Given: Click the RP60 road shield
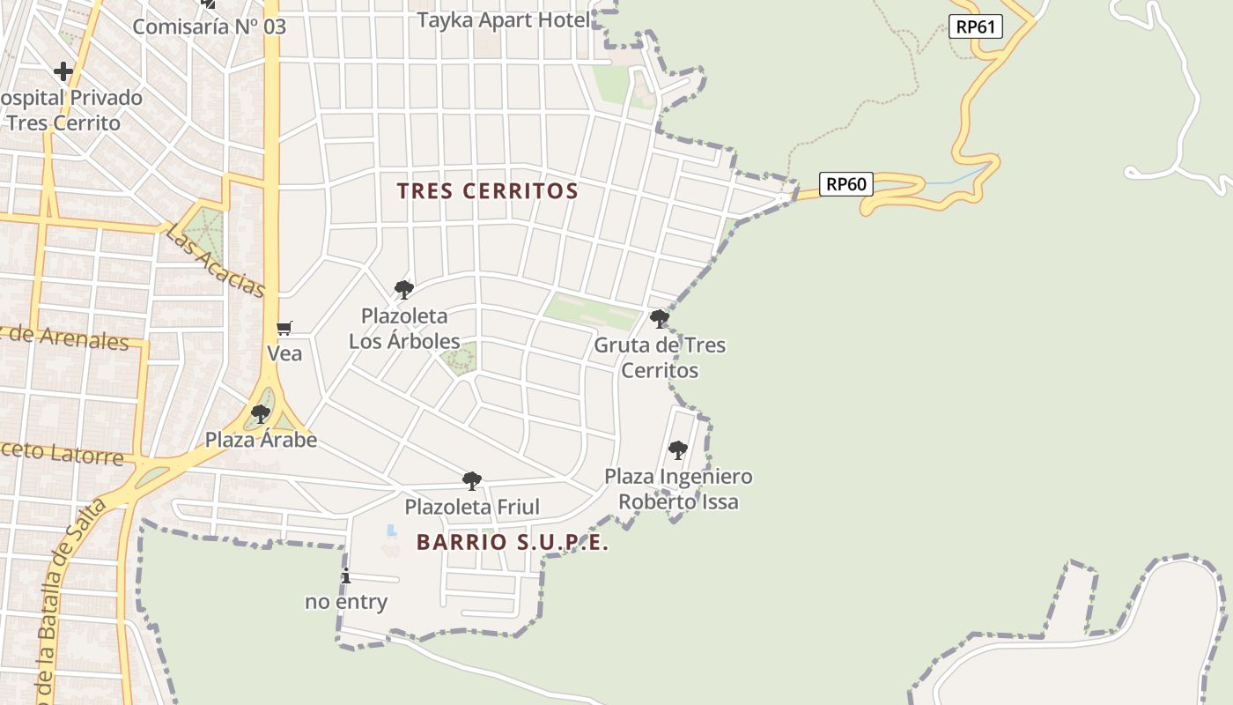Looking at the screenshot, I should click(846, 184).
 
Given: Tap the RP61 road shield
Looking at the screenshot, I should click(976, 26).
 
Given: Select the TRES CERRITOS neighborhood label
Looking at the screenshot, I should click(487, 191).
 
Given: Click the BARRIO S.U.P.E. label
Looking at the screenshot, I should click(513, 542).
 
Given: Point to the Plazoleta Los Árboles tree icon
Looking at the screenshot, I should click(404, 289).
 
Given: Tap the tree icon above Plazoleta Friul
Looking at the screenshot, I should click(472, 480).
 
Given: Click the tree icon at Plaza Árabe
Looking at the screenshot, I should click(260, 413).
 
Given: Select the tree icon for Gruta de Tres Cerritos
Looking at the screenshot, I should click(659, 318).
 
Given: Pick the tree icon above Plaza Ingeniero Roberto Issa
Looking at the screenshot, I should click(677, 450).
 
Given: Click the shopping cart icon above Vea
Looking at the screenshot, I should click(284, 328).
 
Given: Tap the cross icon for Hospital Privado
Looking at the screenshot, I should click(63, 71).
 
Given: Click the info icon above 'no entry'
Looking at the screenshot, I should click(346, 576).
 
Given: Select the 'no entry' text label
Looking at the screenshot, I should click(346, 603).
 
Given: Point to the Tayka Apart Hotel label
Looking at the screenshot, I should click(504, 20).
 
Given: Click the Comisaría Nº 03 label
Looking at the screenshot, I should click(210, 26).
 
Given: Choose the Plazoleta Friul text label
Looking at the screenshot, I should click(472, 507).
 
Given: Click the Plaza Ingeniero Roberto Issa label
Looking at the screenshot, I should click(678, 489).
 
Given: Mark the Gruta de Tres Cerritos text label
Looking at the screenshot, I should click(660, 357).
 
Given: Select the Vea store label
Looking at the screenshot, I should click(284, 353).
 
